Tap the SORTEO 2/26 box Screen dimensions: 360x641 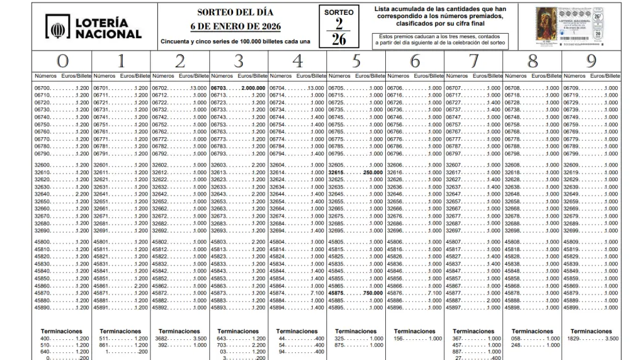[x=339, y=27]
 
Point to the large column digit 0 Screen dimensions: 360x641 [x=62, y=61]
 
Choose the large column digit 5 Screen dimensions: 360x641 [x=356, y=61]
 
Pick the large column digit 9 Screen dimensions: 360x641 [x=592, y=61]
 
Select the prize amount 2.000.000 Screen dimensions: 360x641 [x=253, y=87]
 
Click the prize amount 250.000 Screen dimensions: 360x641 [x=372, y=173]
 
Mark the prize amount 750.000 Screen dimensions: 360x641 [x=372, y=293]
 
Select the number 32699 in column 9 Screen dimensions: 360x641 [x=572, y=231]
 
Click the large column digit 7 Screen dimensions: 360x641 [x=475, y=61]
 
